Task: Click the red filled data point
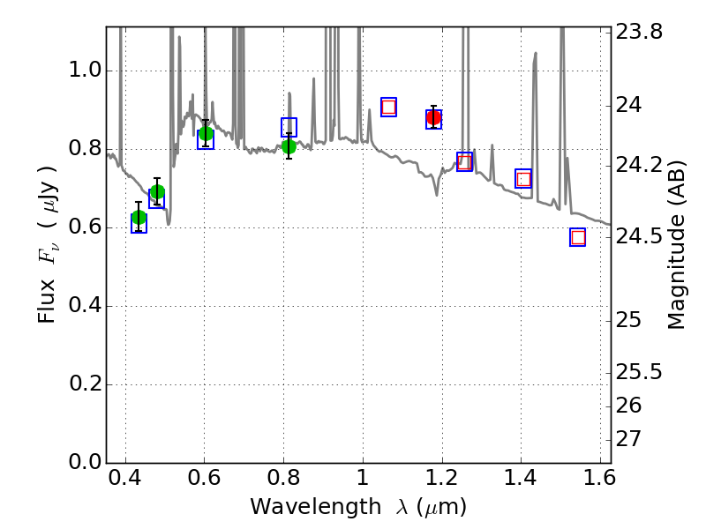[433, 117]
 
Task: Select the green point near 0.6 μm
[206, 134]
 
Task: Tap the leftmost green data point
[139, 218]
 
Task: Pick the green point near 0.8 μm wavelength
[289, 146]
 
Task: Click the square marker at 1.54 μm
[578, 237]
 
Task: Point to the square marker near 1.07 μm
[388, 107]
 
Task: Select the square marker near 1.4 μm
[523, 179]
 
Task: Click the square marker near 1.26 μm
[465, 161]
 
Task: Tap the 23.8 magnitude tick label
[641, 32]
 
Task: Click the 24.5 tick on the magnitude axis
[641, 237]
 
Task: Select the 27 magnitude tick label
[633, 439]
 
